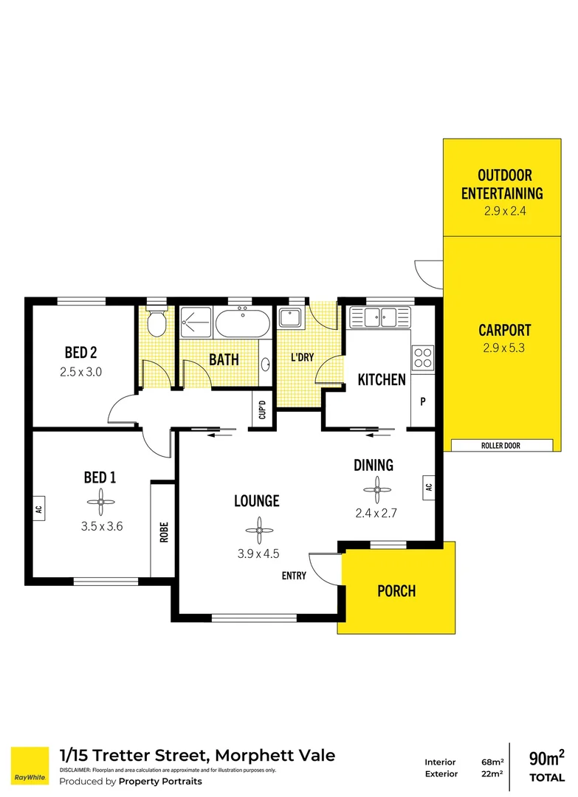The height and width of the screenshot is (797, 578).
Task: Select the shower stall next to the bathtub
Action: pos(196,322)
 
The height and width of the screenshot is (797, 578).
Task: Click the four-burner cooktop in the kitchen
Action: pos(422,357)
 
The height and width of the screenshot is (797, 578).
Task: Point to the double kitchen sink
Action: pos(379,317)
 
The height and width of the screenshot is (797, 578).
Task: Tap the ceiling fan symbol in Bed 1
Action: pos(100,503)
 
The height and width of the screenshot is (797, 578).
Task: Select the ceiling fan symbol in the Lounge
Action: pos(259,531)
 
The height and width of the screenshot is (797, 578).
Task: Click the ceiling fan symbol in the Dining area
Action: pos(377,490)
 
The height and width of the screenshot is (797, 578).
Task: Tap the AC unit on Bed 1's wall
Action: pos(38,508)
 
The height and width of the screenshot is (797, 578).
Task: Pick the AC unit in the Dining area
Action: pos(429,488)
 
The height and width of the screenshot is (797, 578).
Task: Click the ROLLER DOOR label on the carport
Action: pos(500,446)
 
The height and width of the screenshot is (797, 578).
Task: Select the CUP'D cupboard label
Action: pos(262,409)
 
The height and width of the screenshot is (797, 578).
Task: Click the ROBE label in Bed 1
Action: pos(164,532)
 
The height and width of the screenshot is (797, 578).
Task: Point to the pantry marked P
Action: pos(423,401)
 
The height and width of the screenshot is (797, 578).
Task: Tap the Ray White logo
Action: pos(30,766)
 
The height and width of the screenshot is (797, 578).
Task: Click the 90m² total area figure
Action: pos(547,758)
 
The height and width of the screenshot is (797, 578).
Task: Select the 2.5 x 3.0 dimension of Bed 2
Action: pos(80,372)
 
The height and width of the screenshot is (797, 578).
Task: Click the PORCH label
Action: pos(396,591)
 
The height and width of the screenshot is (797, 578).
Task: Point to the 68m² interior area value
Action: pos(492,762)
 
